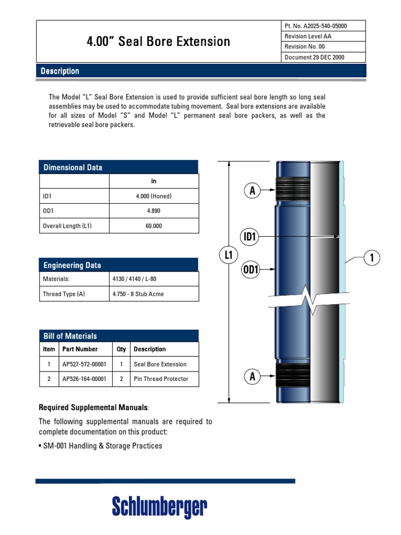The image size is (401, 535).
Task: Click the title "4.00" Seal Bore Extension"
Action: [x=158, y=42]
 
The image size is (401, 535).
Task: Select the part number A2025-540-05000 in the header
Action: [x=315, y=26]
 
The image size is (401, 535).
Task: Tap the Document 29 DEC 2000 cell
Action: [x=314, y=57]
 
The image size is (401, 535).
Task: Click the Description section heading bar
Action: [x=201, y=71]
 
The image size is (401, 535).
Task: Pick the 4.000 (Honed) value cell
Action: [x=154, y=196]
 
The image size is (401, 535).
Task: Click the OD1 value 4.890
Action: [x=154, y=211]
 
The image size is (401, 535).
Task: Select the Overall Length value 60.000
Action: [x=154, y=226]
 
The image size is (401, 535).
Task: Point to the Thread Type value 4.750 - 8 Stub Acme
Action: [x=138, y=294]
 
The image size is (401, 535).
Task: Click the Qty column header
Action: [x=121, y=349]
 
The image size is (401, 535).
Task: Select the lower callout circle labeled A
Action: [x=252, y=377]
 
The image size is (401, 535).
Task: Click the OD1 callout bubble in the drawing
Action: [x=251, y=270]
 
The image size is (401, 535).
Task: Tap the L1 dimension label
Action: [x=229, y=255]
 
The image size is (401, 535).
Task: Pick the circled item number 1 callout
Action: [x=372, y=258]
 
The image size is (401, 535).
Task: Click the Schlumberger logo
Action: [x=160, y=507]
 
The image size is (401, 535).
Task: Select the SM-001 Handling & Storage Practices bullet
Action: [x=100, y=446]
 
